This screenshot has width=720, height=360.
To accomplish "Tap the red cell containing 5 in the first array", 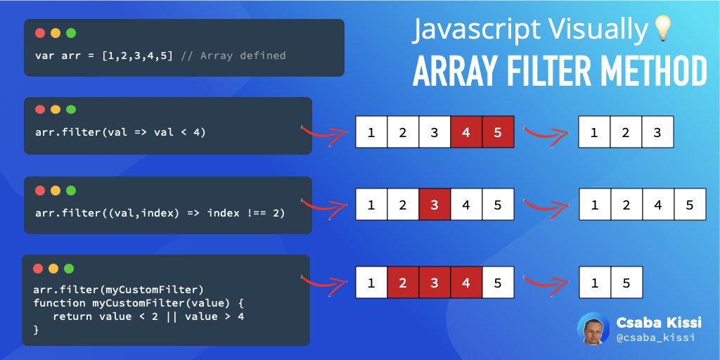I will point(499,132).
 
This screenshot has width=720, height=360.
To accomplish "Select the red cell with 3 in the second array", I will point(435,205).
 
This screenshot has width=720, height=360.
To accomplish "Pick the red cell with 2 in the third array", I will point(403,283).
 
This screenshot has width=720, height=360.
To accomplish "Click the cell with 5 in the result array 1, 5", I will point(626,283).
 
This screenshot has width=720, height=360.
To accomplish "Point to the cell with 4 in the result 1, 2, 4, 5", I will point(658,205).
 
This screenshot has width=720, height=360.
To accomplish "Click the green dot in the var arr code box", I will point(71,33).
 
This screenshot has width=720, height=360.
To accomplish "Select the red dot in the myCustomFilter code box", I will point(37,269).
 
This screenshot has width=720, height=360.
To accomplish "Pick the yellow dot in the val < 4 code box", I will point(56,110).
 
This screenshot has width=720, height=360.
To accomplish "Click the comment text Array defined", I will point(243,55).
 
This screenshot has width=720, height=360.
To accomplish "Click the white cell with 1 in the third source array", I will point(371,283).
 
